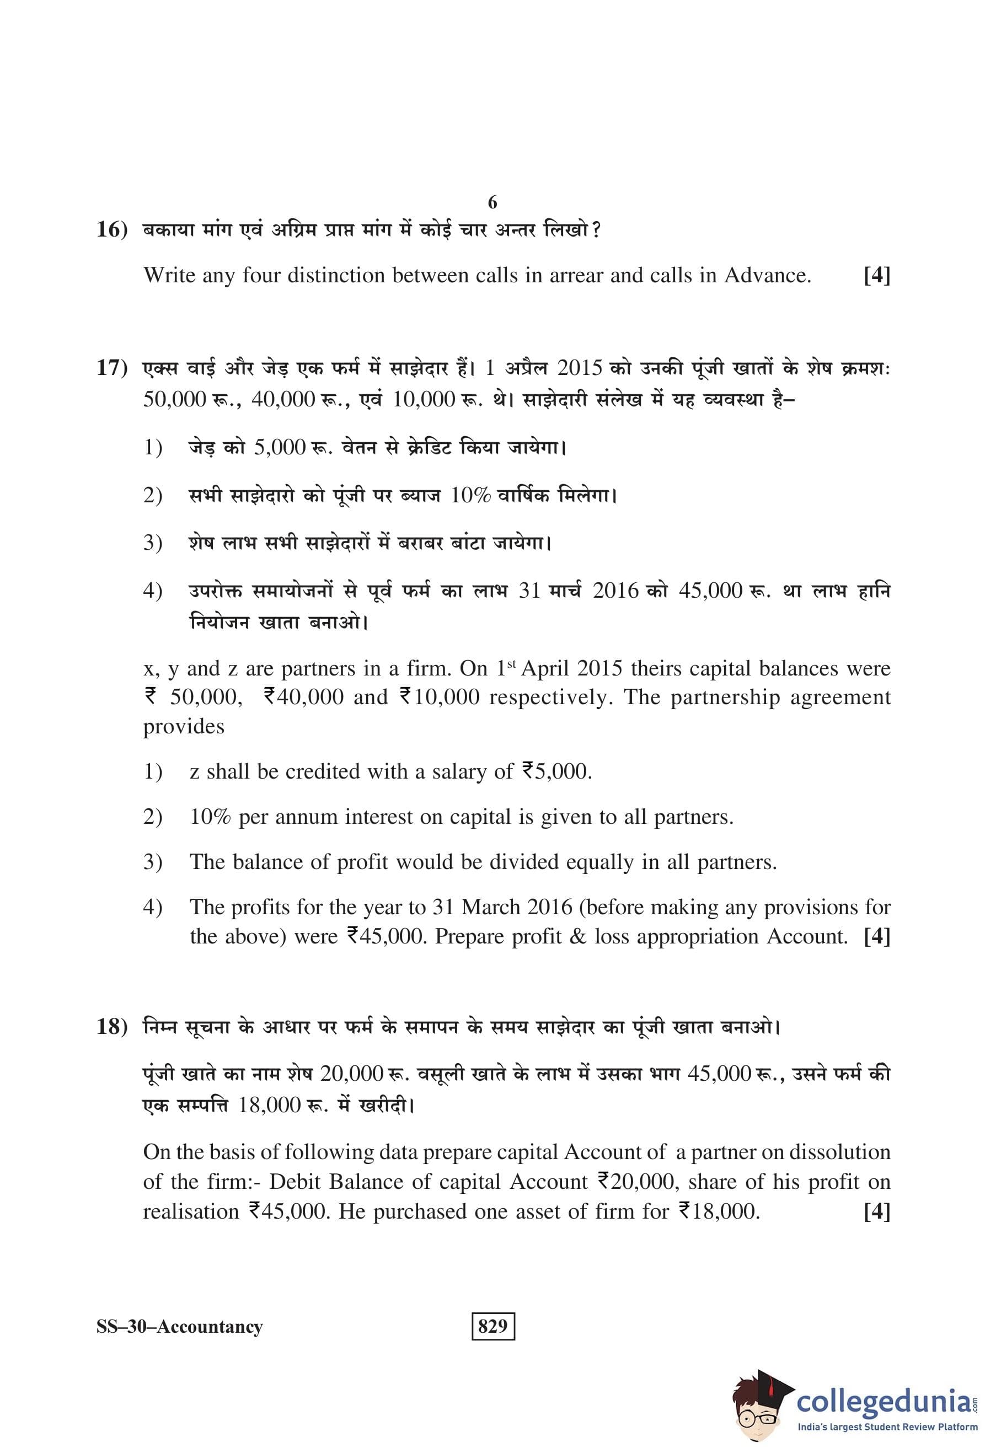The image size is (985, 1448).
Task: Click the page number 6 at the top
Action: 492,202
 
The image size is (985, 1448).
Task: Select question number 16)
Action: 112,230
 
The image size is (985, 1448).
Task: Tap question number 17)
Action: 112,368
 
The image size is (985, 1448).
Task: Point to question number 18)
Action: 112,1026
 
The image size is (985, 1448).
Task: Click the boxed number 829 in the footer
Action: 493,1326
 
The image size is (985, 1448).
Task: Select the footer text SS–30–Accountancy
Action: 179,1327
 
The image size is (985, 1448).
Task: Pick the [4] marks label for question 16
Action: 876,275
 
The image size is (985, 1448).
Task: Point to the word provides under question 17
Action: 184,727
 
